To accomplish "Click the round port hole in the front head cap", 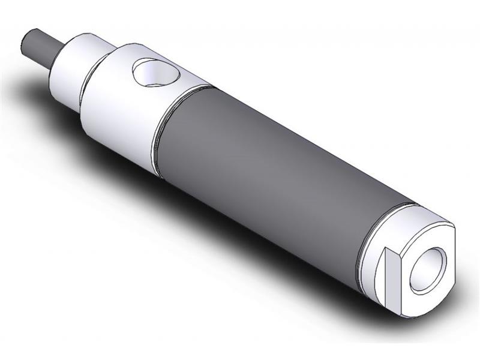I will click(155, 74).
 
